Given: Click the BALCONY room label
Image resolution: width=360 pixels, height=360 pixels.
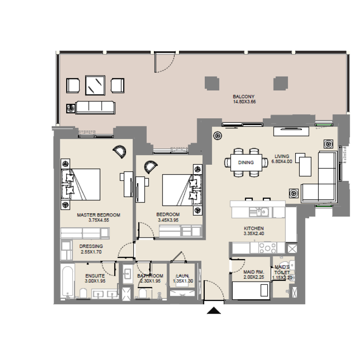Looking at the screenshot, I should coord(244,97).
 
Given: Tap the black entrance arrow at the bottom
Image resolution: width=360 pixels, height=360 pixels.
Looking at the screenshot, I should coord(213,310).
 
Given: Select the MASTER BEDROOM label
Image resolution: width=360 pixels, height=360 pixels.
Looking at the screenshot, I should coord(99,215).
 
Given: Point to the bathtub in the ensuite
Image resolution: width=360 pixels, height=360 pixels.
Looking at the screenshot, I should coord(68,281).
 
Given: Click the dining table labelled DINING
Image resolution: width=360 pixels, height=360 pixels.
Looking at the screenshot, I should coord(246,162).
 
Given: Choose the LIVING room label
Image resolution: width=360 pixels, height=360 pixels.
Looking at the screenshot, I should coord(282,157).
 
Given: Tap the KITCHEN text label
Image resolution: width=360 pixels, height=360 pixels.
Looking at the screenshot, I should coord(253,229).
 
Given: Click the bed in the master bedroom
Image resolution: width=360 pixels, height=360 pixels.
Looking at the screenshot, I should coord(84,184).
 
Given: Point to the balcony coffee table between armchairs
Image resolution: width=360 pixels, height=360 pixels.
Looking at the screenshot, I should coord(95,85).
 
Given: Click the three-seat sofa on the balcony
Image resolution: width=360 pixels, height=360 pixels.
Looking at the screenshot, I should coord(95,107).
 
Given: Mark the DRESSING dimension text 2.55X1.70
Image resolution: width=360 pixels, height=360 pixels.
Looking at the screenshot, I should coord(91,252).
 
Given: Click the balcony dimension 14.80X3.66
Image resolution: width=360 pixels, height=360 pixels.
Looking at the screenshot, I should coord(244,102).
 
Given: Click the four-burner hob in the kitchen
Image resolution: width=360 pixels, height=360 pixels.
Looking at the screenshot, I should coord(268,247).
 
